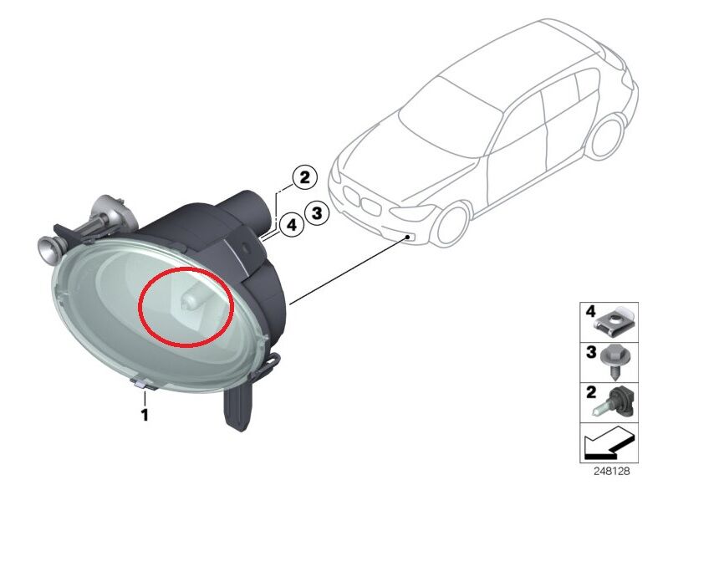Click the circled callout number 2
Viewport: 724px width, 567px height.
pyautogui.click(x=303, y=177)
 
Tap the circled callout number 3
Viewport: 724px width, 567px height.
pyautogui.click(x=316, y=213)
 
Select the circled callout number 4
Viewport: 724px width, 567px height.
pyautogui.click(x=291, y=225)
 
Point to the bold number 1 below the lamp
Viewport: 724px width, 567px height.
pyautogui.click(x=144, y=414)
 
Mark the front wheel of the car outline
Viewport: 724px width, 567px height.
pyautogui.click(x=450, y=225)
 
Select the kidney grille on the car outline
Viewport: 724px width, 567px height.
pyautogui.click(x=356, y=201)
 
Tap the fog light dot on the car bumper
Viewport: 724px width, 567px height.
pyautogui.click(x=407, y=238)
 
